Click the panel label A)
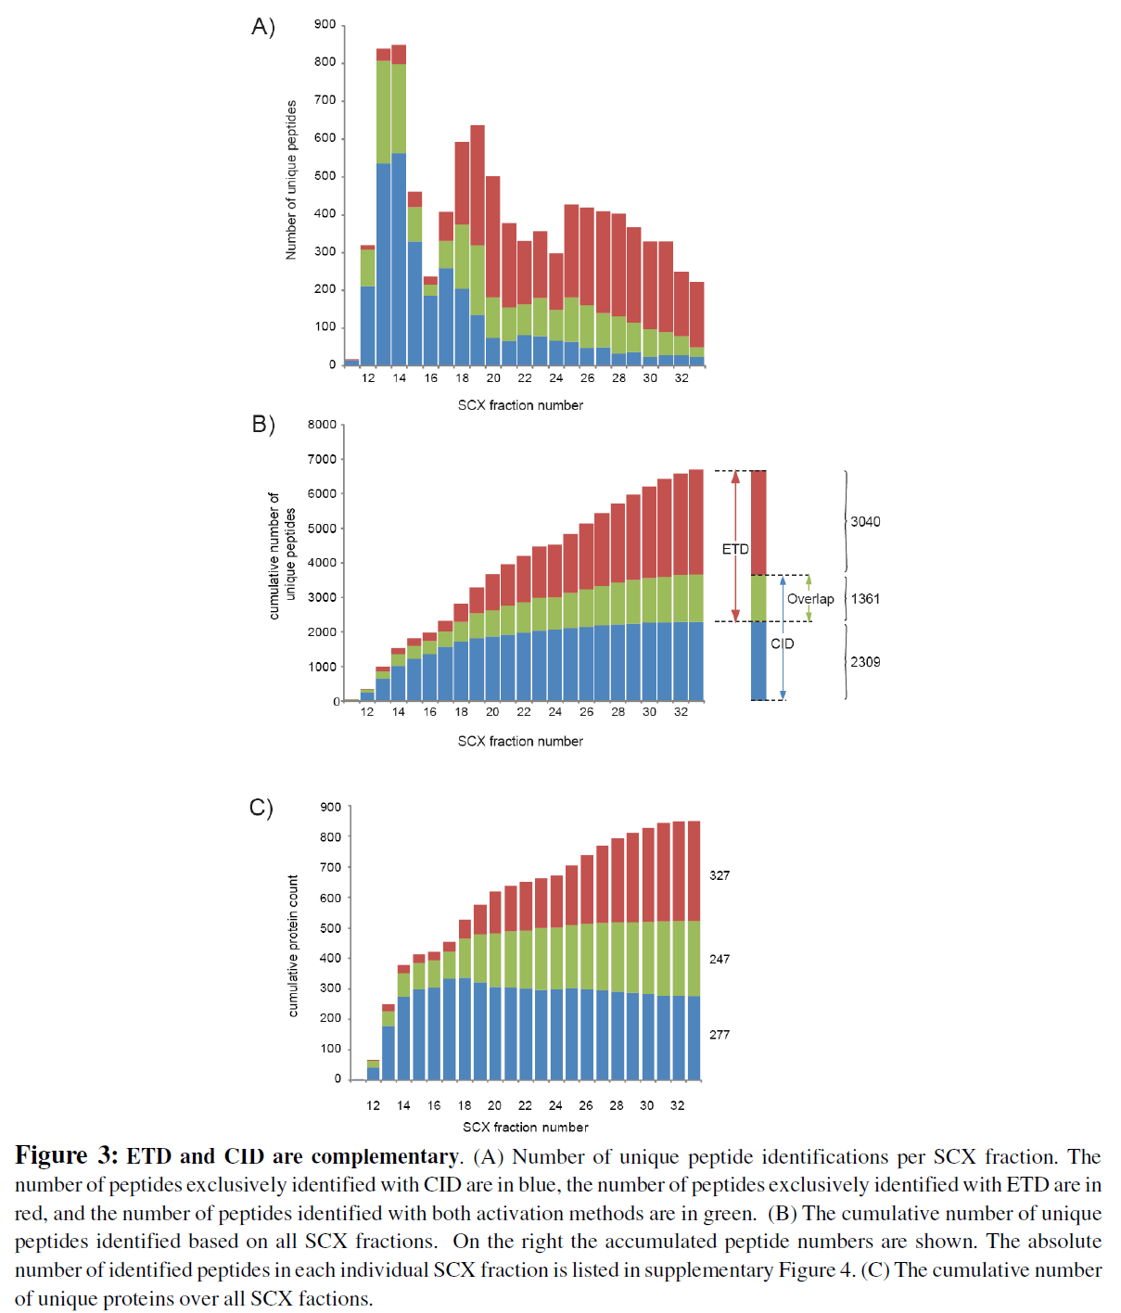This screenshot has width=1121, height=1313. click(x=263, y=27)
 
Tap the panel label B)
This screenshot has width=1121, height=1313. click(x=263, y=425)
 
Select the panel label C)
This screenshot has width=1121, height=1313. click(x=261, y=808)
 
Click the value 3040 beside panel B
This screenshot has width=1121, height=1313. click(x=865, y=522)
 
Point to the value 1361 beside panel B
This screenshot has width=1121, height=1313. click(x=865, y=599)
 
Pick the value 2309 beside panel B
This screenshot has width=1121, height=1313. click(x=865, y=662)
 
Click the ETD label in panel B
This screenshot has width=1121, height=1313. click(x=735, y=550)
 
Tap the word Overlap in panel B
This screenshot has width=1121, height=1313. click(x=810, y=599)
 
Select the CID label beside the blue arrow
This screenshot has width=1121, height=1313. click(x=783, y=644)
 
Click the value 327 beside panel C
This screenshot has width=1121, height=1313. click(x=720, y=875)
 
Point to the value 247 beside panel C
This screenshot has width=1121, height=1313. click(x=720, y=959)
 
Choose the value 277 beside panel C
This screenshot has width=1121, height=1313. click(x=720, y=1035)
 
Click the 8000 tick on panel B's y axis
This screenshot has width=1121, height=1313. click(x=322, y=425)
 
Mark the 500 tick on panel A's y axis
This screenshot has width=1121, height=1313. click(x=325, y=176)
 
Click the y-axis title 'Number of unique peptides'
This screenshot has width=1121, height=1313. click(x=291, y=180)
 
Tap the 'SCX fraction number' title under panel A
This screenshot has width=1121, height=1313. click(x=520, y=405)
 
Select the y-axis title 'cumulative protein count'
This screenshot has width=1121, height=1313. click(x=293, y=946)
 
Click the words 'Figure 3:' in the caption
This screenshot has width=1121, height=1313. click(x=67, y=1156)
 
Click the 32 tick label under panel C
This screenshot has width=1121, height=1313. click(x=678, y=1105)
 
